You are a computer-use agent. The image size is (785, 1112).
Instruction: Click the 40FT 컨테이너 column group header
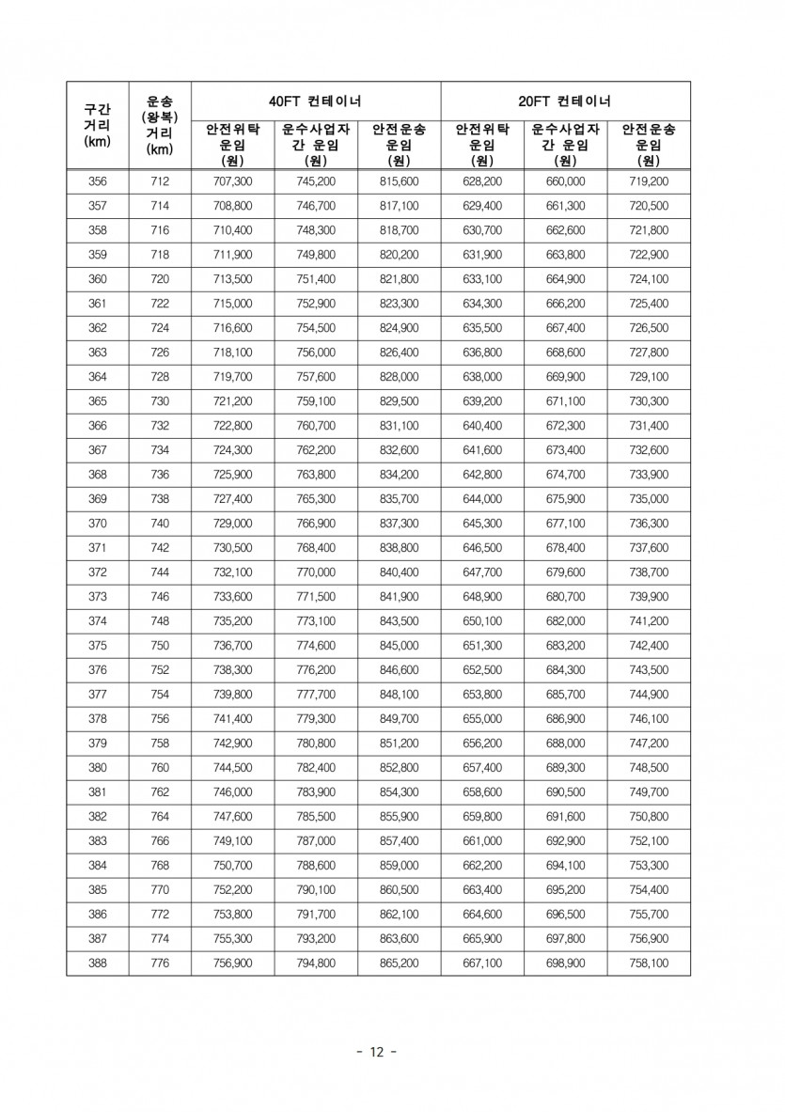click(316, 101)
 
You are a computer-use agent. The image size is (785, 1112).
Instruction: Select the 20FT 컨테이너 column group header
click(565, 101)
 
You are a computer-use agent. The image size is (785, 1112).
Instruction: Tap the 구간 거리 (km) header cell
click(98, 125)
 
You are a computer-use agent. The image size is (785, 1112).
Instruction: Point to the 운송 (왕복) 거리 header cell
click(160, 125)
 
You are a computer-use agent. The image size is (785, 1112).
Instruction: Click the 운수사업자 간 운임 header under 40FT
click(316, 144)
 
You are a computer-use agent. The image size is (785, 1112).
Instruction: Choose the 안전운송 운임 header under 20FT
click(649, 144)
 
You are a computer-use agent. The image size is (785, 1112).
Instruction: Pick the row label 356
click(98, 181)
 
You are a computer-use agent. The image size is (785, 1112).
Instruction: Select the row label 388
click(98, 963)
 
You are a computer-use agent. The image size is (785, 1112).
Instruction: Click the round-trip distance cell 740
click(160, 524)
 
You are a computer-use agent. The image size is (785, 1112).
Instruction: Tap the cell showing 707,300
click(232, 181)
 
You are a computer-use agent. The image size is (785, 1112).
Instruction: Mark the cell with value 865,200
click(399, 963)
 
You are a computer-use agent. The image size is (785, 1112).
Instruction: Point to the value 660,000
click(565, 181)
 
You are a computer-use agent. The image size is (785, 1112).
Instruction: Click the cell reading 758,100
click(649, 963)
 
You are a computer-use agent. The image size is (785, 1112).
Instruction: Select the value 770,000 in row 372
click(316, 572)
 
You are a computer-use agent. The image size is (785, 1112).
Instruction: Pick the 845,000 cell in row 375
click(399, 646)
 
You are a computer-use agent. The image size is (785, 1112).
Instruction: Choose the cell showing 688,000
click(565, 744)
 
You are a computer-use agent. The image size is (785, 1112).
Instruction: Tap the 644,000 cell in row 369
click(482, 499)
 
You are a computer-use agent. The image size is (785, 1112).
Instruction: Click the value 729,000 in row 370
click(232, 524)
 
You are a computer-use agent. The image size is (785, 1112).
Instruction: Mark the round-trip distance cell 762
click(160, 792)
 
